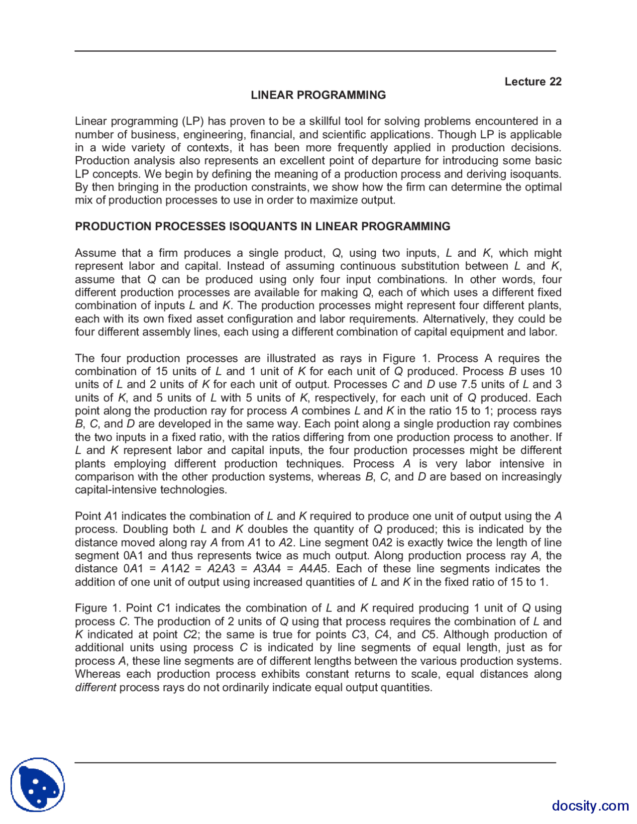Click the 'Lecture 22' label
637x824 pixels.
coord(532,82)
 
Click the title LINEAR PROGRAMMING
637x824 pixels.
coord(318,95)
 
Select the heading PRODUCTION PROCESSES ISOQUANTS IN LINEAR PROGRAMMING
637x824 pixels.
coord(262,226)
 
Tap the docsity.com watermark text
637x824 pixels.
coord(590,805)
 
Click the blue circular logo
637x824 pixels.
coord(38,785)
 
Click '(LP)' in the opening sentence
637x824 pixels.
coord(193,121)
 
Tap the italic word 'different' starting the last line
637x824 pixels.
coord(95,688)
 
